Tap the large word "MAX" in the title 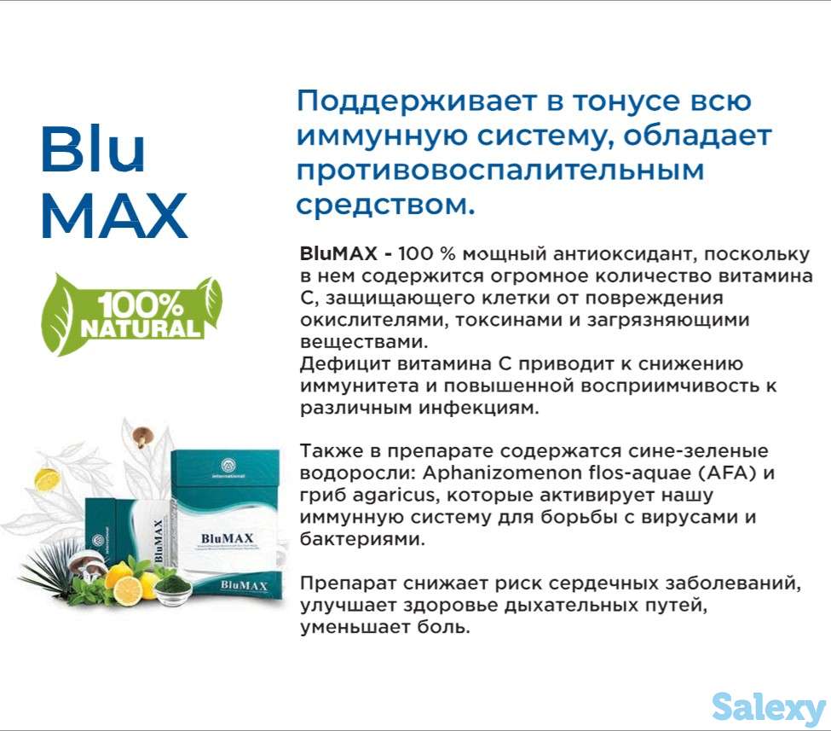tap(113, 214)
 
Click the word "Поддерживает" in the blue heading tap(401, 102)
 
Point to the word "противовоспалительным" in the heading tap(500, 170)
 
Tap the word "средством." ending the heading tap(384, 204)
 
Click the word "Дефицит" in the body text tap(338, 364)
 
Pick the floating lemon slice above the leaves tap(47, 480)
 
